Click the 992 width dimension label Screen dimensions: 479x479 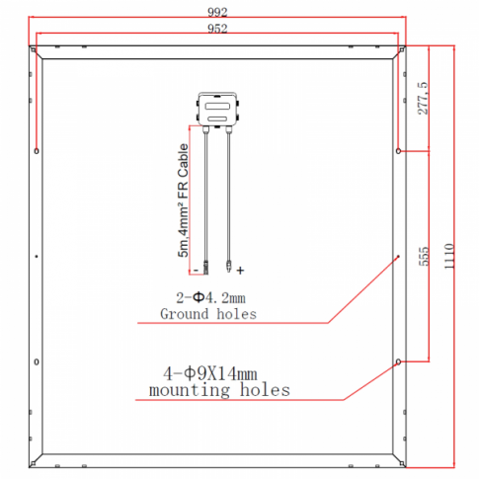click(217, 12)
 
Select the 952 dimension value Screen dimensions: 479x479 click(217, 29)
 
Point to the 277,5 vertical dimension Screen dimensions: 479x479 click(423, 98)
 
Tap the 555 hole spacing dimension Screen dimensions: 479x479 click(424, 256)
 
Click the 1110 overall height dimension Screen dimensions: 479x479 click(449, 256)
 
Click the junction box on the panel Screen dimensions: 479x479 click(217, 110)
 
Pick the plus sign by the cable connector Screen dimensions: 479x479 click(240, 271)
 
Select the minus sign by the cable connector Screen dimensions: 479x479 click(197, 271)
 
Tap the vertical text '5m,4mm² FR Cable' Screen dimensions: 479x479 click(183, 200)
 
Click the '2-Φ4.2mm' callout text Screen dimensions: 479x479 click(210, 298)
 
